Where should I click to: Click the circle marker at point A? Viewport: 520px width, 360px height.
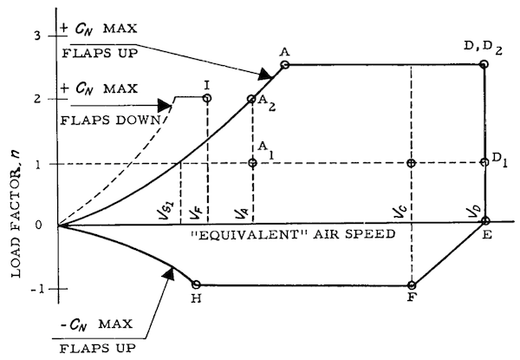pos(285,65)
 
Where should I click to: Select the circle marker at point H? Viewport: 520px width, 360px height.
pos(197,285)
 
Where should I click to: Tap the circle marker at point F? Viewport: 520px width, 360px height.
pos(412,285)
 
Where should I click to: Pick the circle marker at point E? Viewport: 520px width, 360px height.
pos(485,220)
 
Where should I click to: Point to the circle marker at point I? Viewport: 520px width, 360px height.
pos(207,98)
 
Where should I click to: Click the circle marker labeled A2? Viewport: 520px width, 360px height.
pos(251,99)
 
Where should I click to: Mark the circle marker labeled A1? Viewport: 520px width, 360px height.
pos(253,162)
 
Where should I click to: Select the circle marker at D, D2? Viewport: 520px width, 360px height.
pos(484,64)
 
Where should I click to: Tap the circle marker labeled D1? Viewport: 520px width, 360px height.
pos(484,162)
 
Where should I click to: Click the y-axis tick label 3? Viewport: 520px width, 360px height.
pos(37,36)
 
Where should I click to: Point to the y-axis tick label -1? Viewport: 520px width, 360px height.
pos(37,290)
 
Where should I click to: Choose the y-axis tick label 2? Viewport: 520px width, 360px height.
pos(37,99)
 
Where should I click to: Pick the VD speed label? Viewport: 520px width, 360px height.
pos(474,211)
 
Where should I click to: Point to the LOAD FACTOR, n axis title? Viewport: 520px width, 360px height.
pos(16,214)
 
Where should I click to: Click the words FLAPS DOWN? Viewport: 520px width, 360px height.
pos(110,120)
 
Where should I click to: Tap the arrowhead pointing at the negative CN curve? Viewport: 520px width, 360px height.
pos(169,273)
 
